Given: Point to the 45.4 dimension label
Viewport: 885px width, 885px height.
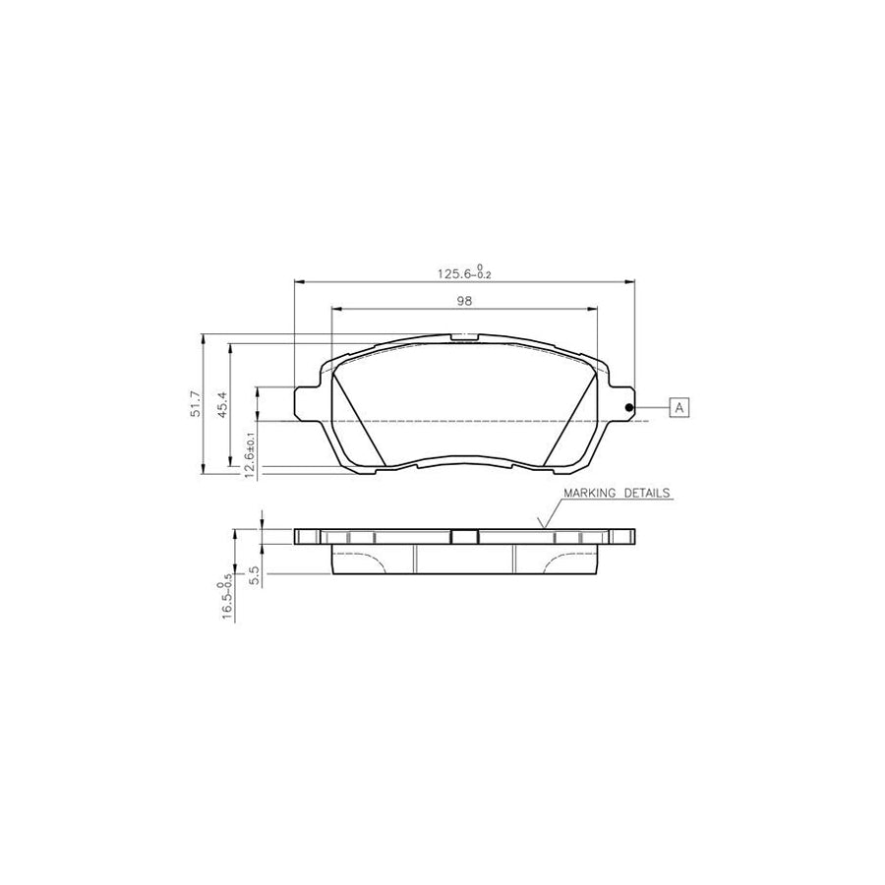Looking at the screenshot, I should (223, 404).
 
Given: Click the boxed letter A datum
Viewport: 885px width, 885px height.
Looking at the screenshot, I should (679, 406).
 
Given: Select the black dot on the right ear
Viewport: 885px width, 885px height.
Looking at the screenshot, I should (629, 408).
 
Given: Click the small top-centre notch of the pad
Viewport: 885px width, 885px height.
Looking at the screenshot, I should (464, 338).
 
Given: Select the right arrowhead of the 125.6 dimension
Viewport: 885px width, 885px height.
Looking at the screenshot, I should (630, 280).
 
